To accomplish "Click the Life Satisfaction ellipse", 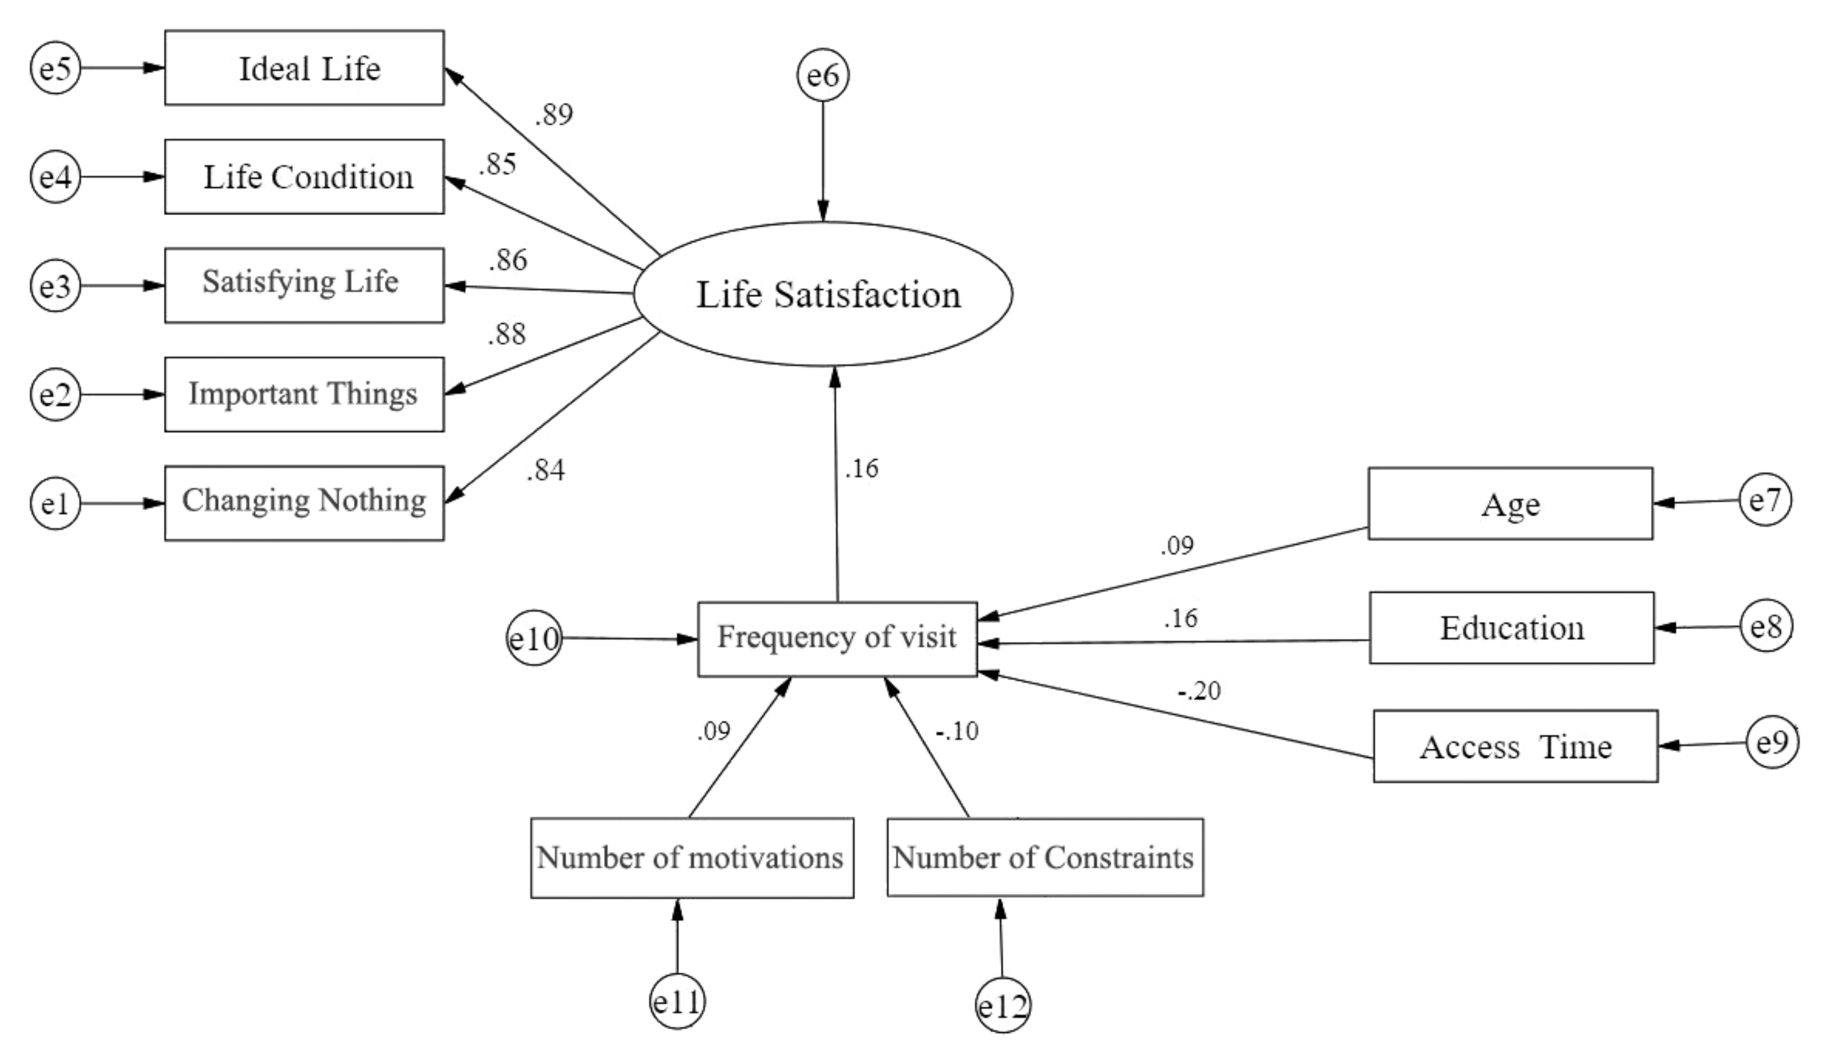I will pyautogui.click(x=823, y=293).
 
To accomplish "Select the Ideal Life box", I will pyautogui.click(x=304, y=68).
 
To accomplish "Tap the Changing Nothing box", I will pyautogui.click(x=304, y=503).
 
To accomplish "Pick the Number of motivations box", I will pyautogui.click(x=692, y=858).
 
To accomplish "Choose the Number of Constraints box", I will pyautogui.click(x=1045, y=857).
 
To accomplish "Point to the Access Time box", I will pyautogui.click(x=1516, y=746).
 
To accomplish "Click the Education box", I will pyautogui.click(x=1511, y=628).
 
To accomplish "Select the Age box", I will pyautogui.click(x=1510, y=503).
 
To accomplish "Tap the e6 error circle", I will pyautogui.click(x=823, y=75).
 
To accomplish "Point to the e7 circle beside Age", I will pyautogui.click(x=1765, y=500).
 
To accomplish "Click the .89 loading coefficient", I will pyautogui.click(x=554, y=114).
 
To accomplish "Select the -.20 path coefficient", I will pyautogui.click(x=1199, y=691).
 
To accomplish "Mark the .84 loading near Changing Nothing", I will pyautogui.click(x=545, y=471).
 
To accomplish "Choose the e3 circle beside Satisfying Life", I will pyautogui.click(x=56, y=285).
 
